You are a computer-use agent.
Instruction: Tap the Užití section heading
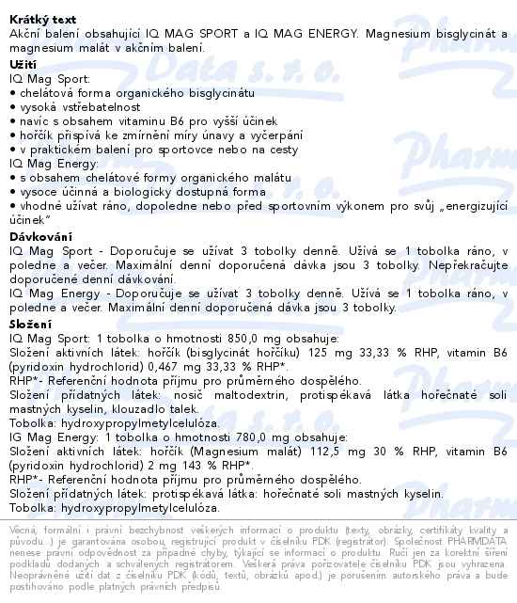click(23, 63)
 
